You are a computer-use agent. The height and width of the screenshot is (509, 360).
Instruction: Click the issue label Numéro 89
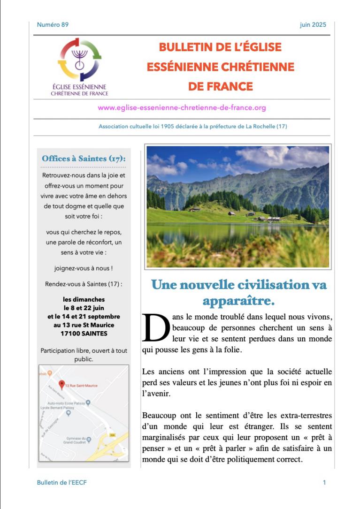(53, 25)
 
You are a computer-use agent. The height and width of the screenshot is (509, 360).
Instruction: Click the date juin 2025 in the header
(313, 25)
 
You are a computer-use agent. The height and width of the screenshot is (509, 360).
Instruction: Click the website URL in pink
(182, 108)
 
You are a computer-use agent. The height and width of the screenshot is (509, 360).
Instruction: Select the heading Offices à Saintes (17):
(84, 159)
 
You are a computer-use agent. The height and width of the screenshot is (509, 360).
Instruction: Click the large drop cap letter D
(155, 327)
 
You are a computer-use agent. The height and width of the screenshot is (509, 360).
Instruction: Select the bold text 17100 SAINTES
(84, 334)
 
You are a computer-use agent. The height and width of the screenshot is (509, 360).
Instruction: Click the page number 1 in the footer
(324, 482)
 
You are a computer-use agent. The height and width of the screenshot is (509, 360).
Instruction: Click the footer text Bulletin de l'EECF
(61, 482)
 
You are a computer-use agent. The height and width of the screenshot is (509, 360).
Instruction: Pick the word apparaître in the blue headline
(237, 300)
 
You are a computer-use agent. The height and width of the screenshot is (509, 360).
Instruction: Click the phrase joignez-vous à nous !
(84, 268)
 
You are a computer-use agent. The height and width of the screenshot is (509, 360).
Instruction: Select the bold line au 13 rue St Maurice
(84, 325)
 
